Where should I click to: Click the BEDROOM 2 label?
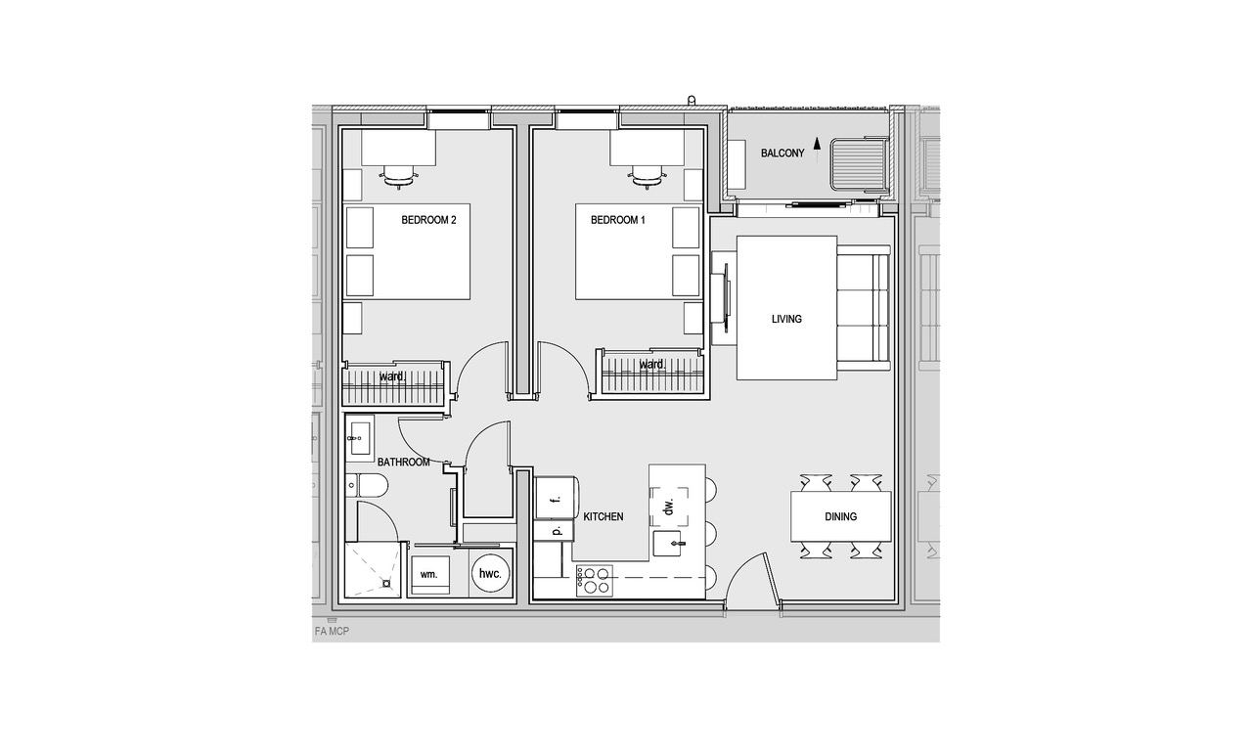tap(428, 220)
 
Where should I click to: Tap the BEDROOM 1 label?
tap(617, 220)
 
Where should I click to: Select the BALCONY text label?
tap(782, 154)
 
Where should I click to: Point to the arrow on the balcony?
tap(817, 150)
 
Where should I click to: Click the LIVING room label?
tap(786, 319)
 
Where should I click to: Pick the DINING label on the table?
tap(840, 517)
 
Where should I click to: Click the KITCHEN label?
tap(604, 517)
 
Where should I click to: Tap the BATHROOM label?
tap(404, 463)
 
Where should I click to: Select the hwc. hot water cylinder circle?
tap(491, 573)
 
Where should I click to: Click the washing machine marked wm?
tap(429, 575)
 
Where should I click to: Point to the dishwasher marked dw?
tap(668, 508)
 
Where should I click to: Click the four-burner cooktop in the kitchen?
tap(595, 581)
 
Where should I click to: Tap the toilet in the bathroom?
tap(367, 486)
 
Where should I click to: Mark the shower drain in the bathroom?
tap(386, 584)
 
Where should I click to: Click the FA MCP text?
tap(332, 632)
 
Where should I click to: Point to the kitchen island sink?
tap(668, 544)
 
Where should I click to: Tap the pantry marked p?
tap(554, 530)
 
